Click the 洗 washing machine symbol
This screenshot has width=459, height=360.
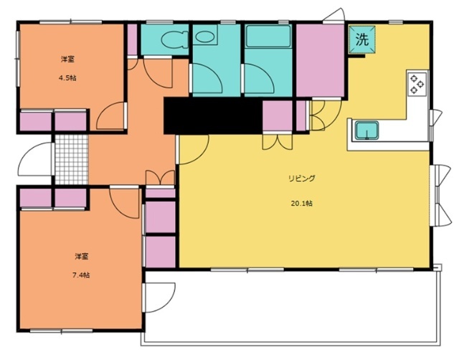[x=361, y=39]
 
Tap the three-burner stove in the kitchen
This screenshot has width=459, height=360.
[x=417, y=83]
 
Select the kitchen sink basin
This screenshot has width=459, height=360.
[x=366, y=130]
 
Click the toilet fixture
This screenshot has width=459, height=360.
[x=174, y=39]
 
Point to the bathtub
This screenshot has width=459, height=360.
[x=268, y=37]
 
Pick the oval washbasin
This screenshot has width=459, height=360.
[x=204, y=37]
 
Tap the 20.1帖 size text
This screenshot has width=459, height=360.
[x=301, y=203]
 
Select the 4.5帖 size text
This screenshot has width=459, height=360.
[x=67, y=78]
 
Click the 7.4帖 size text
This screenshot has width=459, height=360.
[x=81, y=275]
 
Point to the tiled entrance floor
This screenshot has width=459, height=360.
[x=72, y=159]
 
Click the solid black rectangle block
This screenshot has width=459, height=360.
[x=213, y=115]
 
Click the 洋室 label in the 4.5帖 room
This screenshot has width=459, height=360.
[x=67, y=60]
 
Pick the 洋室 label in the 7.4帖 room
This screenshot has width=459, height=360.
[x=81, y=257]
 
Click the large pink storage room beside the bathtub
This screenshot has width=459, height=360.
[x=320, y=60]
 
